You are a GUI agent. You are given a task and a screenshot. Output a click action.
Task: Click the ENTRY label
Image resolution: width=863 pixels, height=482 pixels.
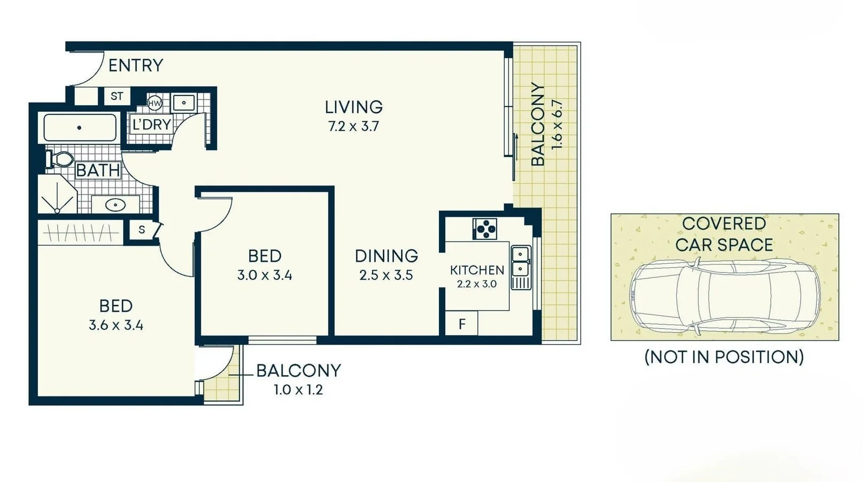click(x=135, y=65)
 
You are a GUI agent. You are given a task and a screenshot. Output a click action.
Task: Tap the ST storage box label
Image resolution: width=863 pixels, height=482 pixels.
click(x=117, y=96)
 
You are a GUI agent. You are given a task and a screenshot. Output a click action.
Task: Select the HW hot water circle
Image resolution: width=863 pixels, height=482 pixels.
click(x=155, y=103)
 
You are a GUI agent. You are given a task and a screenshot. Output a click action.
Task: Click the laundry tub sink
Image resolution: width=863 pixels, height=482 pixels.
click(x=184, y=102)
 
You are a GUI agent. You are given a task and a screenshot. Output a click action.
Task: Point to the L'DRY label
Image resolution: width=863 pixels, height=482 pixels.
click(x=151, y=125)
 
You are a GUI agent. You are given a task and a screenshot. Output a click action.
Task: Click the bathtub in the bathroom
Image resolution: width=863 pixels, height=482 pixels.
click(x=80, y=128)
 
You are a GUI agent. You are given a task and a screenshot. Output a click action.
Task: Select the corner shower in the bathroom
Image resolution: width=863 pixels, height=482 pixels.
click(x=57, y=195)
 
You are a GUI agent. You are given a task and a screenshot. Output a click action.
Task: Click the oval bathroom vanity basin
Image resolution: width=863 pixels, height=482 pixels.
click(x=115, y=204)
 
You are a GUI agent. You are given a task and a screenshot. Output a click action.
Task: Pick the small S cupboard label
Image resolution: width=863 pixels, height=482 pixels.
click(x=142, y=230)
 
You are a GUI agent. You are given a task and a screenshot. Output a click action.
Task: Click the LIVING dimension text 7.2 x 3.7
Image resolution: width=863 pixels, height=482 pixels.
click(x=353, y=127)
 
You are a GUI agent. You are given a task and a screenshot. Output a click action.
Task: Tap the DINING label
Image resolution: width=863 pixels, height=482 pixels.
click(x=386, y=256)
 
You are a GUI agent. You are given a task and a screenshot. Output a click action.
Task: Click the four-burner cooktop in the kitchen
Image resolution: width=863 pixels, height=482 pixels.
click(x=485, y=229)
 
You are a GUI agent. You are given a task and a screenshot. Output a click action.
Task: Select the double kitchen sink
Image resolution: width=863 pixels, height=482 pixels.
click(x=520, y=261)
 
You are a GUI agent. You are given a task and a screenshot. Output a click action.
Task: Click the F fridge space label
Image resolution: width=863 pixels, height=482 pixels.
click(x=462, y=324)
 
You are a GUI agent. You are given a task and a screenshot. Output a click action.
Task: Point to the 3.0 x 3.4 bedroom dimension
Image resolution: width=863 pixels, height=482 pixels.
click(x=264, y=275)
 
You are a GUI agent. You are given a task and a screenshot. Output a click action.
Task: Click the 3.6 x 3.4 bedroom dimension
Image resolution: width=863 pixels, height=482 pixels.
click(x=116, y=325)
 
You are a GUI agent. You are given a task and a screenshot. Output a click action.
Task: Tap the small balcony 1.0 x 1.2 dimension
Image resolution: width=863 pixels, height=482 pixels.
click(x=298, y=390)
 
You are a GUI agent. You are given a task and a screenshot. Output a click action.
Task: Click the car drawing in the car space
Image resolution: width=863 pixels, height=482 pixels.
click(x=725, y=297)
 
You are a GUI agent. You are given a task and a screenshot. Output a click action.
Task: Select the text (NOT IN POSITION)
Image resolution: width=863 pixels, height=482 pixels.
click(x=724, y=357)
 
